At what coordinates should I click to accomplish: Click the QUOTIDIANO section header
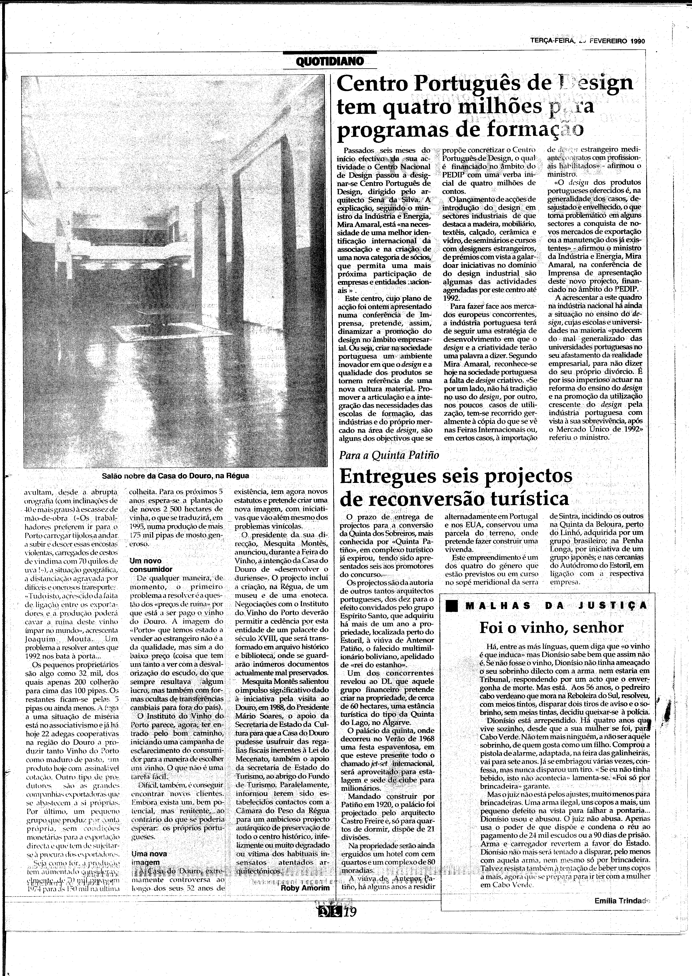pos(329,61)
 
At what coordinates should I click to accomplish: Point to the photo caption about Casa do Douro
pos(175,475)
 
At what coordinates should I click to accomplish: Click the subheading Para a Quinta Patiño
pos(389,455)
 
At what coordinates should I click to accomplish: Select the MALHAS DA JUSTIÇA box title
pos(556,605)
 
